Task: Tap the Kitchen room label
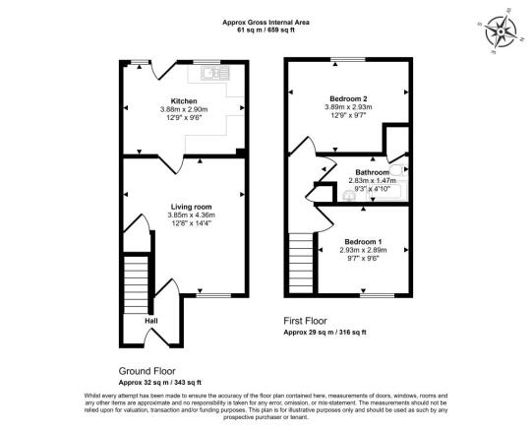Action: tap(184, 101)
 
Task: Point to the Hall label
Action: tap(151, 321)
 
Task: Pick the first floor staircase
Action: tap(302, 259)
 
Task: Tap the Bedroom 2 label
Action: tap(349, 99)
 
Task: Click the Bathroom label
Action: tap(372, 171)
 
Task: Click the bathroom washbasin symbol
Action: tap(351, 195)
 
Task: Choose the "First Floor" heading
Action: tap(307, 322)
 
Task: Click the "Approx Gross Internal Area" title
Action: tap(266, 21)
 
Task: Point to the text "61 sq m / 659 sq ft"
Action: tap(266, 30)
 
